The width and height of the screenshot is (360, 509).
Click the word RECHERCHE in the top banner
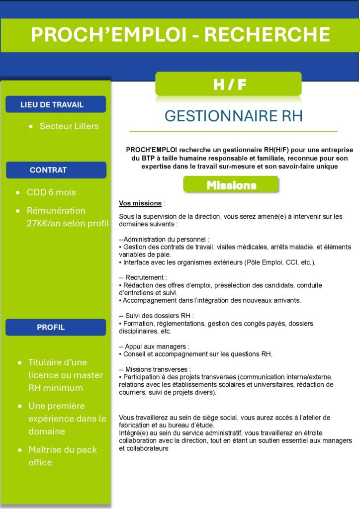[267, 35]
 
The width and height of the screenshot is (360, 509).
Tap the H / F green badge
[229, 85]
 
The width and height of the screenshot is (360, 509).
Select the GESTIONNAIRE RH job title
[233, 116]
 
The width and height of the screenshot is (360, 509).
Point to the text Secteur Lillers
[69, 126]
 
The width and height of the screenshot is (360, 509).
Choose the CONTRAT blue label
[48, 170]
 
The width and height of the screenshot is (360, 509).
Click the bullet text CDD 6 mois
[51, 192]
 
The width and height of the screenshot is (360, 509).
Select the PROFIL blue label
[51, 327]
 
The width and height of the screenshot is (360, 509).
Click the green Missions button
[231, 185]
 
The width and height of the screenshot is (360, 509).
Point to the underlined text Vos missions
[140, 203]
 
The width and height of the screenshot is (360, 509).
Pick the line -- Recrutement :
[143, 277]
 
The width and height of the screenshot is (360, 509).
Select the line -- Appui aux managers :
[154, 346]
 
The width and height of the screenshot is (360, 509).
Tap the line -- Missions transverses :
[155, 369]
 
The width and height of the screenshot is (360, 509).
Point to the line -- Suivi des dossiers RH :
[156, 315]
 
